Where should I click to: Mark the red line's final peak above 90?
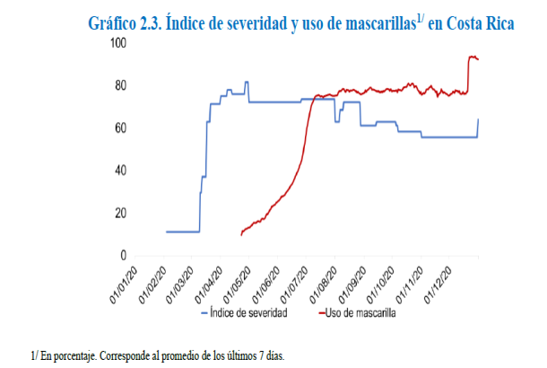pyautogui.click(x=472, y=57)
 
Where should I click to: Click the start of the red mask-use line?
pyautogui.click(x=241, y=234)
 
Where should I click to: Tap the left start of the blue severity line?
pyautogui.click(x=167, y=232)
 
